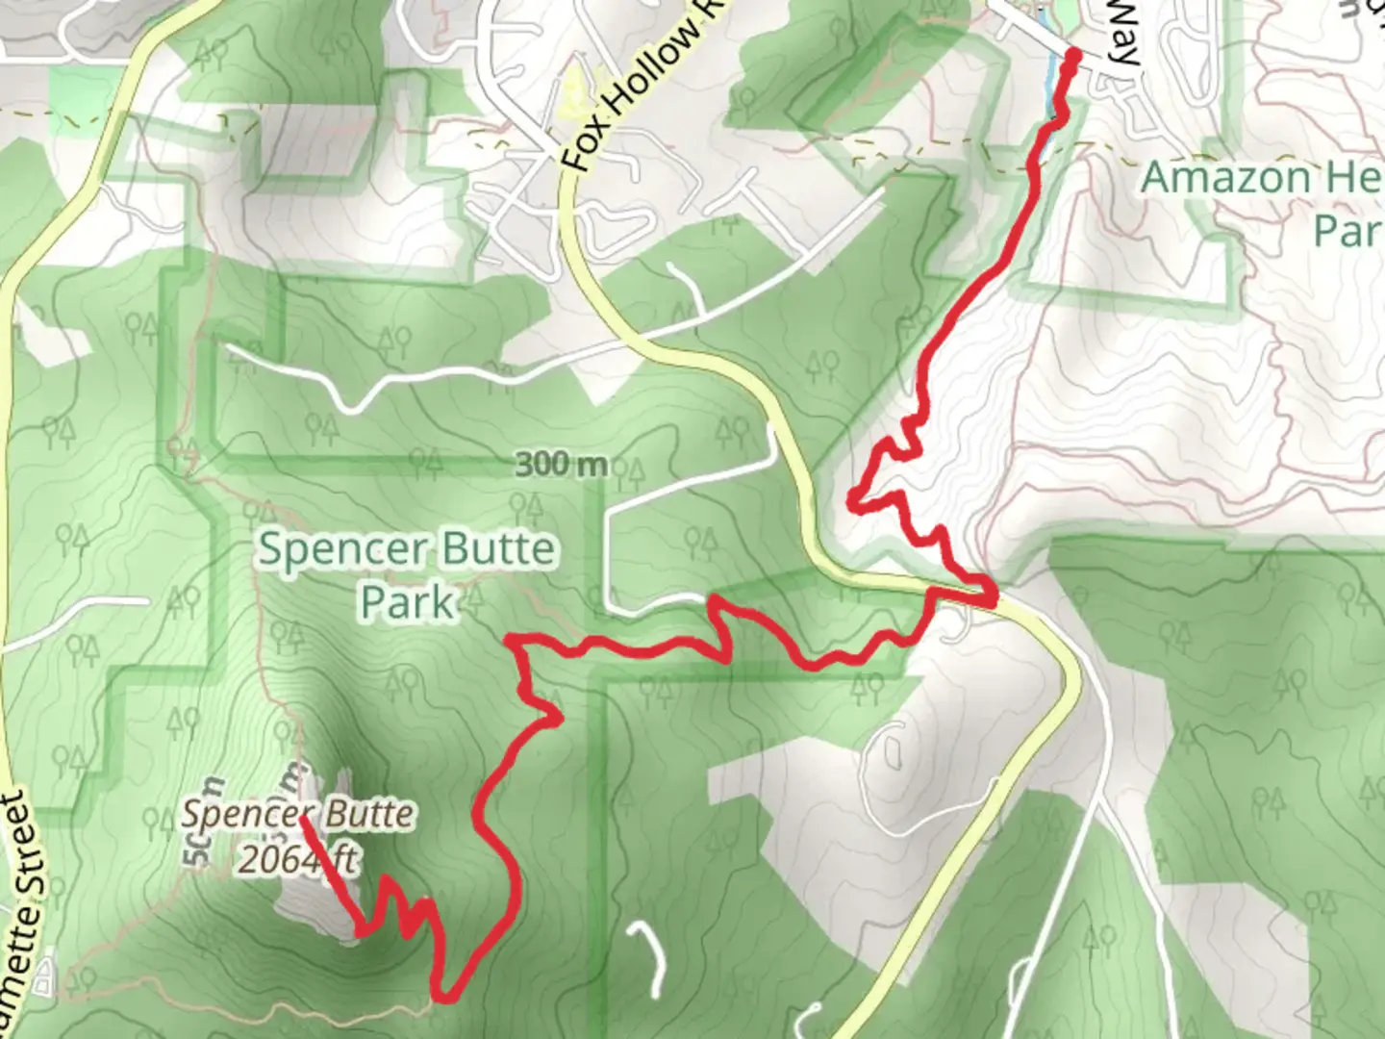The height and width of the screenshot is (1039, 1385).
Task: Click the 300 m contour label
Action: [561, 465]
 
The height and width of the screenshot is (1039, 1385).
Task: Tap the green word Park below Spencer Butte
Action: [407, 602]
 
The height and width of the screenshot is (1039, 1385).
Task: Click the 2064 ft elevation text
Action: [297, 858]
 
